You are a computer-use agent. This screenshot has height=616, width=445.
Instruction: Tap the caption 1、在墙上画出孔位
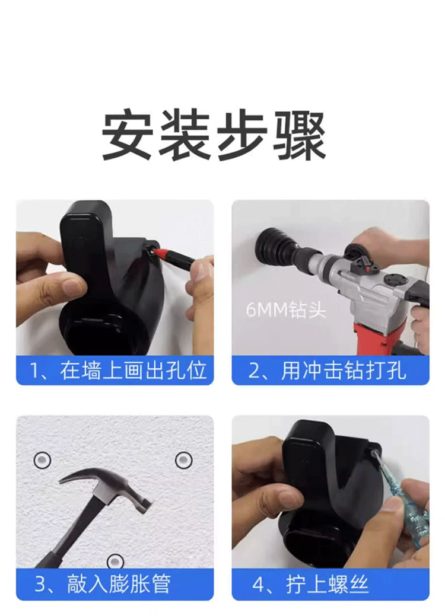click(x=118, y=371)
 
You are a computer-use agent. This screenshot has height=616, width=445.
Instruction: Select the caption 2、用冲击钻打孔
click(x=328, y=371)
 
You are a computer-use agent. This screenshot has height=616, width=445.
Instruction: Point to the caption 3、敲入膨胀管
click(x=103, y=584)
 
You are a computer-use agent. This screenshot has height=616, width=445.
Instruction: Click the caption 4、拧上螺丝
click(x=310, y=584)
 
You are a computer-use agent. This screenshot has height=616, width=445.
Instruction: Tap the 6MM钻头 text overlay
click(x=286, y=310)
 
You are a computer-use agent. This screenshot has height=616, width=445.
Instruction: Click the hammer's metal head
click(x=108, y=489)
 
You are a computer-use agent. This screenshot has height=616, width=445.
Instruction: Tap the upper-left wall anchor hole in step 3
click(x=43, y=459)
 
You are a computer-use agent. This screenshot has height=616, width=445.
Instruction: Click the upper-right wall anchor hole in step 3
click(x=183, y=460)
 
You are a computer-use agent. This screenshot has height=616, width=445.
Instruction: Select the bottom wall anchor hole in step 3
click(x=115, y=562)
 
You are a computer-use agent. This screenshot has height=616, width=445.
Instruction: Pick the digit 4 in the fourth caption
click(x=259, y=585)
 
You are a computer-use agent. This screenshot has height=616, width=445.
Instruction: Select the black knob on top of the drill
click(x=354, y=251)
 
